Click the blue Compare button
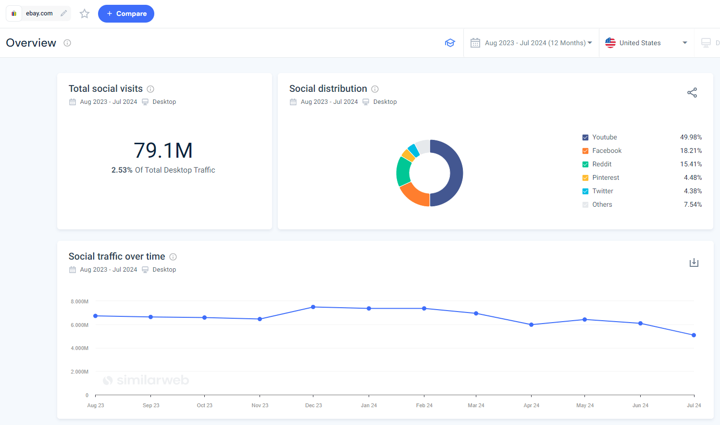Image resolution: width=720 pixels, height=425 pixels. pyautogui.click(x=126, y=13)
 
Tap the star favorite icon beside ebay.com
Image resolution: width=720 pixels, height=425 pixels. pyautogui.click(x=85, y=13)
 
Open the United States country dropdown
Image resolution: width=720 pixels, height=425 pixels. pyautogui.click(x=646, y=43)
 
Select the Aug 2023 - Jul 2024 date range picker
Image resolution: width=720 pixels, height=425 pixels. pyautogui.click(x=531, y=43)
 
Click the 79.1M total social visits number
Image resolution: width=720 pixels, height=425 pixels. pyautogui.click(x=163, y=150)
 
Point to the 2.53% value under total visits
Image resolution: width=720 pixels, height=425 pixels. pyautogui.click(x=122, y=170)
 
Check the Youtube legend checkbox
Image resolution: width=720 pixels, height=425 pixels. pyautogui.click(x=585, y=137)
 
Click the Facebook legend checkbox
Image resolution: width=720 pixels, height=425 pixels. pyautogui.click(x=585, y=151)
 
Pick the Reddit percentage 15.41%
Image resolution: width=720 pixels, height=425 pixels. pyautogui.click(x=691, y=164)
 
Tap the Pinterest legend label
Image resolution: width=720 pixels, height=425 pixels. pyautogui.click(x=606, y=177)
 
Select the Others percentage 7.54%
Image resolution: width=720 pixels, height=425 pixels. pyautogui.click(x=693, y=204)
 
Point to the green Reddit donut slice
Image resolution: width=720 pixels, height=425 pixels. pyautogui.click(x=403, y=171)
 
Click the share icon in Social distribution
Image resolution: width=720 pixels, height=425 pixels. pyautogui.click(x=692, y=93)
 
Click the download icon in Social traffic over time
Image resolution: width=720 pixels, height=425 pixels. pyautogui.click(x=694, y=262)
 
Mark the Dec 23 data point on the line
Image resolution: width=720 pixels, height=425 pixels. pyautogui.click(x=313, y=307)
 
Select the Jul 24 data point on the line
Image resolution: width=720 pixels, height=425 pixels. pyautogui.click(x=694, y=335)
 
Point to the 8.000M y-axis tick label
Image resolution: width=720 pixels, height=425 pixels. pyautogui.click(x=79, y=301)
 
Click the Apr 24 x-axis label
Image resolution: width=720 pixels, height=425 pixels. pyautogui.click(x=531, y=405)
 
